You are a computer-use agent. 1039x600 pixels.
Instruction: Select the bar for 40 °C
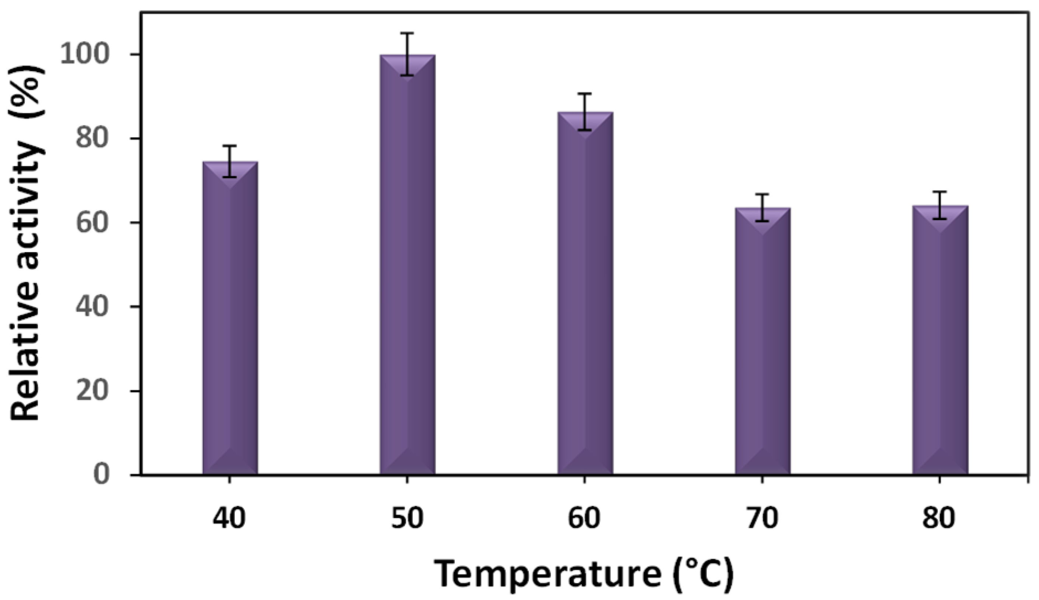pos(230,321)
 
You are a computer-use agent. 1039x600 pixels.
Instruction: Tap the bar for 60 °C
pos(585,296)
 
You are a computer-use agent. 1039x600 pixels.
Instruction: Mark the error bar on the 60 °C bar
pos(585,112)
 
